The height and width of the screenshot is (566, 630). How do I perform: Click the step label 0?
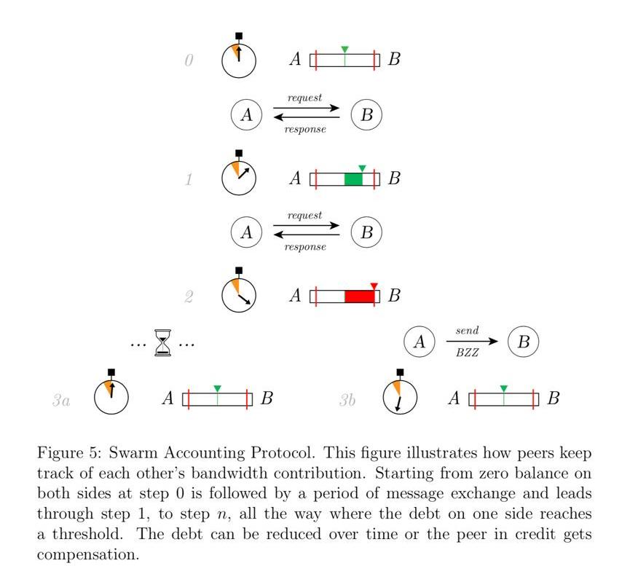click(189, 60)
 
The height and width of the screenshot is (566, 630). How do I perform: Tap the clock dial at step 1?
click(239, 178)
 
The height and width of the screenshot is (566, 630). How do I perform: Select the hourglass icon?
click(162, 342)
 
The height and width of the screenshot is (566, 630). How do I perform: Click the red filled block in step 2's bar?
click(359, 296)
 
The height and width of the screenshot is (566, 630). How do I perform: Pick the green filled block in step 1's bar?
click(353, 178)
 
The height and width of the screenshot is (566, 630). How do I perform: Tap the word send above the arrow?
click(467, 331)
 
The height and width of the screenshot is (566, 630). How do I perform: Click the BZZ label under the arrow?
click(467, 352)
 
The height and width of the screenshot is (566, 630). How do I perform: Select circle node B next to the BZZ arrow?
click(524, 342)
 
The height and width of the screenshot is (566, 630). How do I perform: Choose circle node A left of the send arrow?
click(419, 342)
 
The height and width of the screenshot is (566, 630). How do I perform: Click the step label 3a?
click(61, 399)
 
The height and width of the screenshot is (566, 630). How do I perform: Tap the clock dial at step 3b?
click(400, 398)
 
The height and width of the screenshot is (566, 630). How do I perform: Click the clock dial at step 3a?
click(111, 398)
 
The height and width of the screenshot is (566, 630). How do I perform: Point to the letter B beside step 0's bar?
click(394, 60)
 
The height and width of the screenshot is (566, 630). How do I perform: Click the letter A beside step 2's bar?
click(295, 296)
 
